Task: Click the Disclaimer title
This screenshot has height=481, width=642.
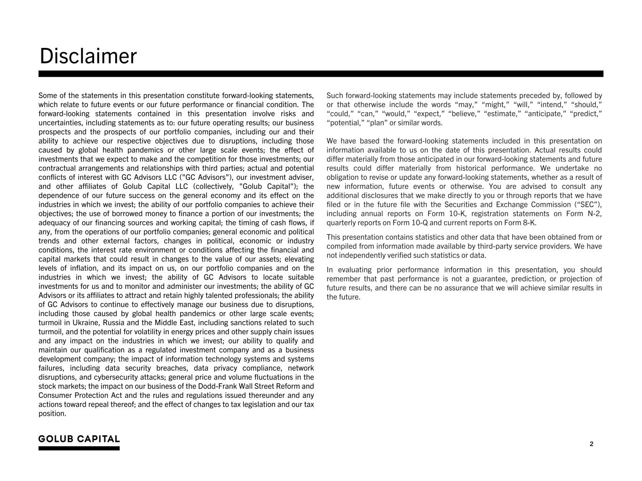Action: point(88,56)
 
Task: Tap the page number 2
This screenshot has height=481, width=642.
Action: point(591,444)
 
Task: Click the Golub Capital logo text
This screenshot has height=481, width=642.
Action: point(79,439)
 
